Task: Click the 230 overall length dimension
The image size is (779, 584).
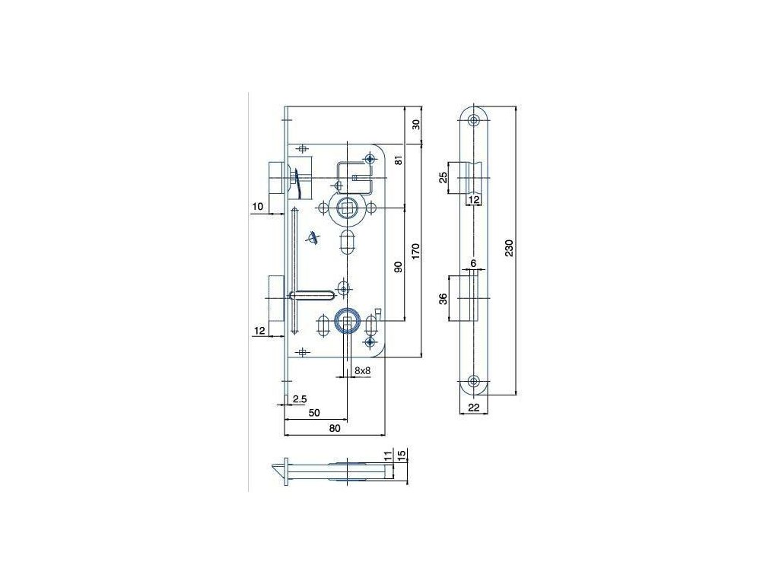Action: pos(509,249)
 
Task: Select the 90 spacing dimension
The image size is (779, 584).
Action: pos(397,266)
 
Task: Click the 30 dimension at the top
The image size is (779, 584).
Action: pos(415,125)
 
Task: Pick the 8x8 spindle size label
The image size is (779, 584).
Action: pos(362,370)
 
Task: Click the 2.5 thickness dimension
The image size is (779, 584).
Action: pos(299,398)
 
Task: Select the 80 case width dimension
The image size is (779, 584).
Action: pos(335,429)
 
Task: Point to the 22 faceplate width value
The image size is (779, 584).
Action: pos(472,408)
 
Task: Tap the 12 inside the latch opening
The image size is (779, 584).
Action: pos(473,199)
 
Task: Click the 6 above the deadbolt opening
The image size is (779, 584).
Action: pos(472,263)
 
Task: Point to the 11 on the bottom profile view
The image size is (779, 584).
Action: pos(388,455)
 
